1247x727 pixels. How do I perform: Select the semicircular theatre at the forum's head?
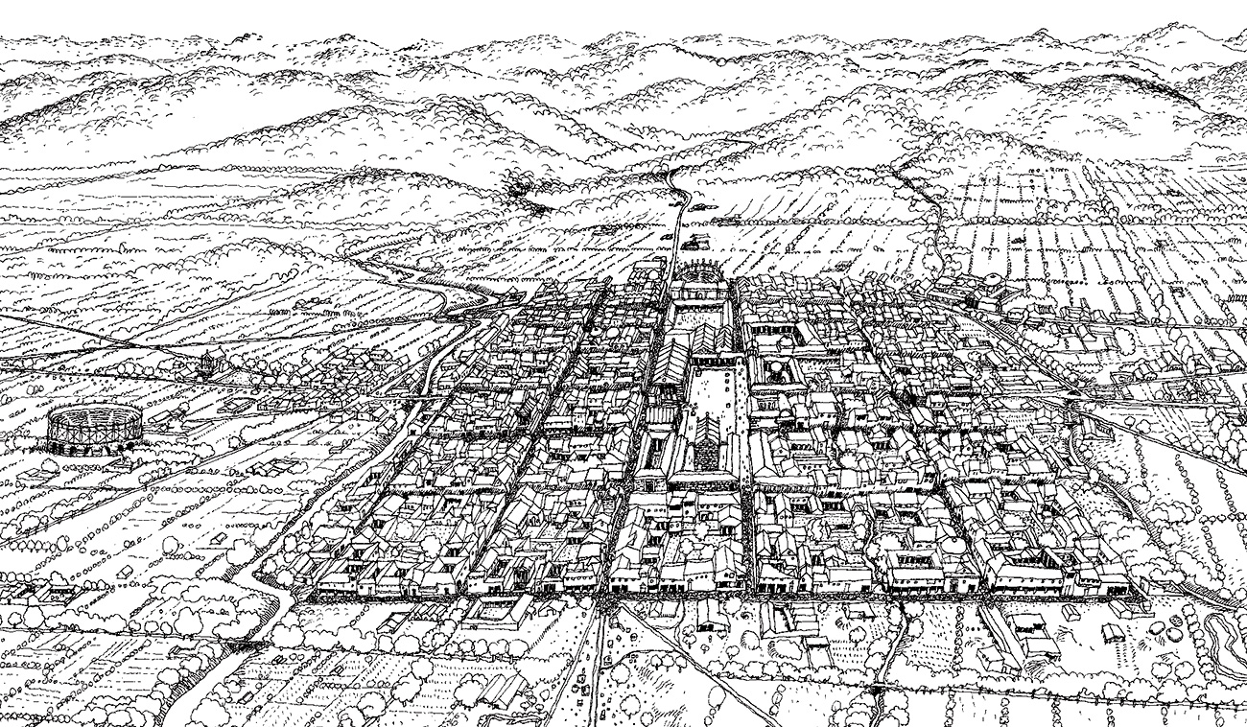point(699,279)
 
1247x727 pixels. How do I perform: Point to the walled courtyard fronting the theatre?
point(698,313)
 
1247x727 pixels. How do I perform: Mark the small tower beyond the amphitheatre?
point(205,362)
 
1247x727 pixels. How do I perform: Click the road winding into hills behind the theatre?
point(679,206)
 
